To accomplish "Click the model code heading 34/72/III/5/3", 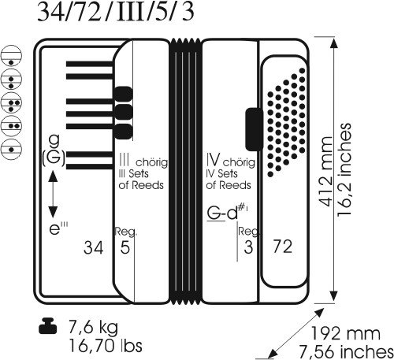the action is point(116,12).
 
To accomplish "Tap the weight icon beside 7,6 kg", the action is point(47,326).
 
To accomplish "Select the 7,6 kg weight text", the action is point(93,327).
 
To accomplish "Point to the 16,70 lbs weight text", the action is point(106,346).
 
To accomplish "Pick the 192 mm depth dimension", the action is point(345,334).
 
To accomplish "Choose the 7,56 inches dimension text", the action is point(346,351).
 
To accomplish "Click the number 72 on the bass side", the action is point(283,247).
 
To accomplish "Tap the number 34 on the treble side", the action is point(93,247).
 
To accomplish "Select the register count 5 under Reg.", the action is point(125,247).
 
